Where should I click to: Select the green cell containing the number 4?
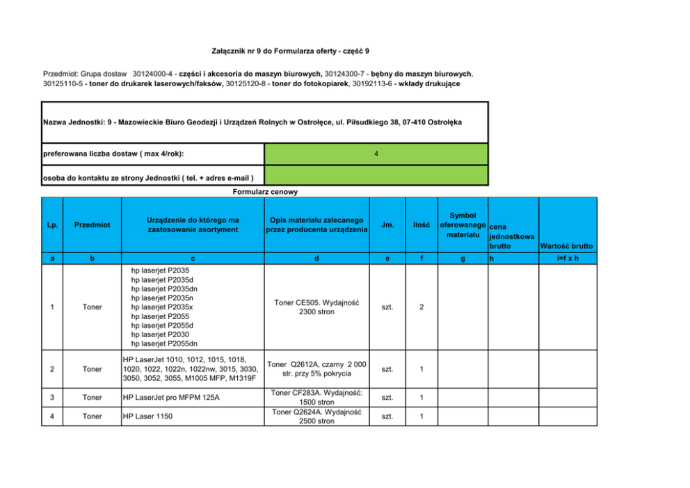(376, 154)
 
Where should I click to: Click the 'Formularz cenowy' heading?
(265, 192)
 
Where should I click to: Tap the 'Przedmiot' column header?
(92, 225)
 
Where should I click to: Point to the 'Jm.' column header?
(387, 225)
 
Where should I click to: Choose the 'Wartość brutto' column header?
(567, 246)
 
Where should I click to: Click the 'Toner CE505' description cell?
(316, 307)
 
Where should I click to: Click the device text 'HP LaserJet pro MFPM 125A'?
(170, 398)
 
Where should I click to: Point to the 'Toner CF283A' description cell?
(316, 398)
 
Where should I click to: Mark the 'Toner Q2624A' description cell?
(316, 416)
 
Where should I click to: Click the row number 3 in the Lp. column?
(53, 398)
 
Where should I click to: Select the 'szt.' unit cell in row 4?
(387, 416)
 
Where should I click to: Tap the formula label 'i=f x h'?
(567, 258)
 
